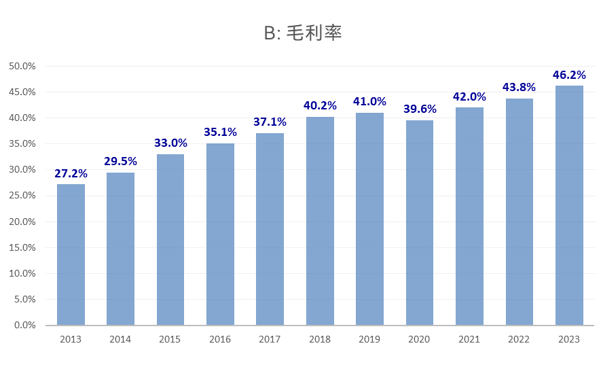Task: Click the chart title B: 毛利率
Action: pyautogui.click(x=302, y=33)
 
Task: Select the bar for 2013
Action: pyautogui.click(x=71, y=255)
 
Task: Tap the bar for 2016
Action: pyautogui.click(x=220, y=234)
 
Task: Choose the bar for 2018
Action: pyautogui.click(x=320, y=221)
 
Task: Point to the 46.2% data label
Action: pyautogui.click(x=569, y=75)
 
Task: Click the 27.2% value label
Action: pyautogui.click(x=71, y=173)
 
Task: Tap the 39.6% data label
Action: pyautogui.click(x=420, y=109)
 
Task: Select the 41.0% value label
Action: pyautogui.click(x=369, y=101)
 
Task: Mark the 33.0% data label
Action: pyautogui.click(x=170, y=143)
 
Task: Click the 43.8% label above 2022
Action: pyautogui.click(x=519, y=87)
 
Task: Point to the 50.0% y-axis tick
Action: pyautogui.click(x=22, y=66)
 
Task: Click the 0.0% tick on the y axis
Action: pyautogui.click(x=24, y=326)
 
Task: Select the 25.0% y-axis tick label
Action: pyautogui.click(x=22, y=196)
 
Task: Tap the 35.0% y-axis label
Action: pyautogui.click(x=22, y=144)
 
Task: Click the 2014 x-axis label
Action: pyautogui.click(x=120, y=339)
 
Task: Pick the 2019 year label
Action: pyautogui.click(x=369, y=339)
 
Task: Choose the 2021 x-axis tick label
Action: pyautogui.click(x=469, y=339)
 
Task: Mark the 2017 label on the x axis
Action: pyautogui.click(x=270, y=339)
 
